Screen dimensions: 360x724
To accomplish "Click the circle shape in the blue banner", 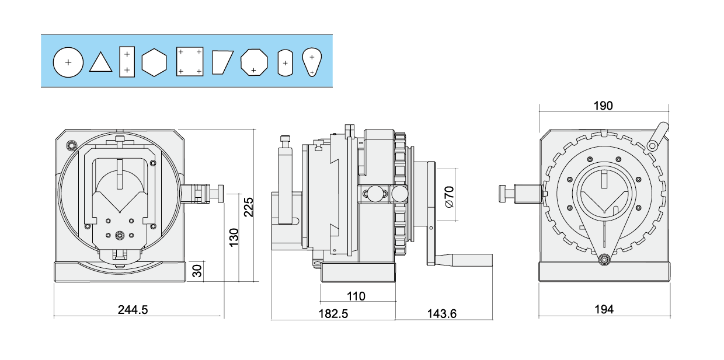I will pos(68,62).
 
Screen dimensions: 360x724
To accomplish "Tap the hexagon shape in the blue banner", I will pos(154,62).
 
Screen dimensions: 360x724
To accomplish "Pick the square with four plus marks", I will pos(190,62).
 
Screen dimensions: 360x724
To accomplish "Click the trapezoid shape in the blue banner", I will pos(222,62).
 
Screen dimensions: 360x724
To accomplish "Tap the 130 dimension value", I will pos(234,237).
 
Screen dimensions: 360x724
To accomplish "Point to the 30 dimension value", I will pos(197,270).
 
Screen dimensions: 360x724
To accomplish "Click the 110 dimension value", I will pos(356,296).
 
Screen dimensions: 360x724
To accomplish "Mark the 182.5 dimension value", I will pos(333,313).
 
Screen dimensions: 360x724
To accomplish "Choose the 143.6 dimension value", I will pos(441,313).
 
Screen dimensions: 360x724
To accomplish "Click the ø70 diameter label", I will pos(450,196).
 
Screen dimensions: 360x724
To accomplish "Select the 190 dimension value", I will pos(603,106).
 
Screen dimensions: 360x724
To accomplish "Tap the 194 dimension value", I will pos(604,310).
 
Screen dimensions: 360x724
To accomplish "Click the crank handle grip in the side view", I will pos(470,260).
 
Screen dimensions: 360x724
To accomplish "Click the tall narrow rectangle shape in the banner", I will pos(127,62).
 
